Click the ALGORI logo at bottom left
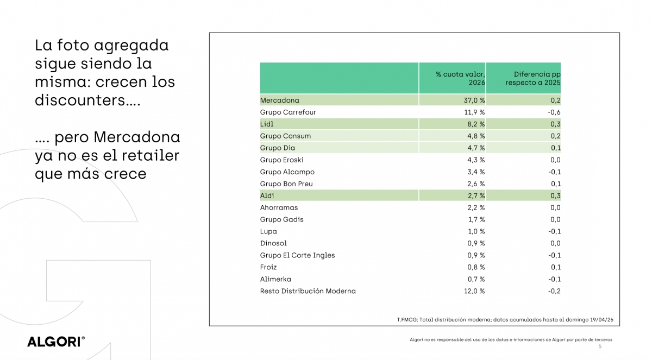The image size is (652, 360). (56, 342)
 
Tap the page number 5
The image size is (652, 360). (600, 346)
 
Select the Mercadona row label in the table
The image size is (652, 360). (279, 100)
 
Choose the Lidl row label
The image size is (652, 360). (267, 124)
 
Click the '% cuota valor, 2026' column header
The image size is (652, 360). (460, 78)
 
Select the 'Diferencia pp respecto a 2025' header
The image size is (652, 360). (533, 78)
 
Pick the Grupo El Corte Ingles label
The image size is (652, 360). (297, 255)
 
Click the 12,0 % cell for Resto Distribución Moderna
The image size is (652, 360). (473, 291)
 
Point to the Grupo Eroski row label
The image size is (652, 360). (281, 160)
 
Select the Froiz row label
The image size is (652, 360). (268, 267)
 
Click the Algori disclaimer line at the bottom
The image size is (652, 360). (511, 340)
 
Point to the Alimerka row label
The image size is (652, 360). (275, 279)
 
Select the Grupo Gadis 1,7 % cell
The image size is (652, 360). (476, 219)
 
